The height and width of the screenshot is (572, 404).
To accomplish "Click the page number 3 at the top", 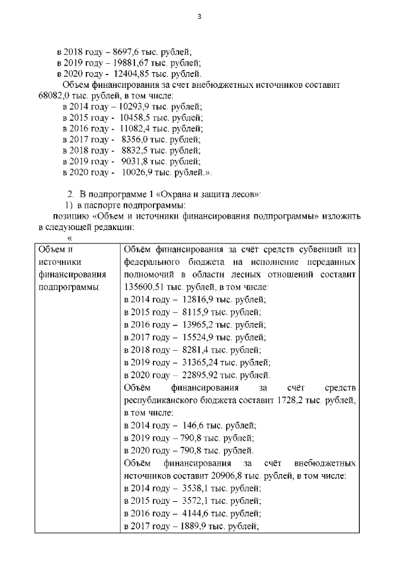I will point(199,16).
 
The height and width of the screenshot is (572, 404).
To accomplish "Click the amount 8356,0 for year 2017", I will point(135,139).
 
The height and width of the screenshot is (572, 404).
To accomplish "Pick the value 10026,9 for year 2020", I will point(139,171).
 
